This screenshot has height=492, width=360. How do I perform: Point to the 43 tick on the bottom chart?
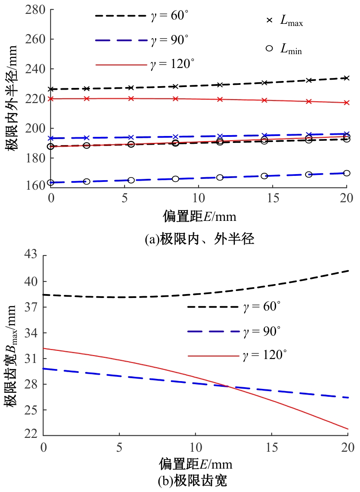point(31,256)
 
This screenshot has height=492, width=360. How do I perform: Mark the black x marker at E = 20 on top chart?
point(346,78)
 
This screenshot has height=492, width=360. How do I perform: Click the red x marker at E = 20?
point(346,103)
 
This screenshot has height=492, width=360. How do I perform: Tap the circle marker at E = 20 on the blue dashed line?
point(346,173)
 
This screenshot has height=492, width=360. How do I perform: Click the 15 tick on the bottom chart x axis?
point(271,447)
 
